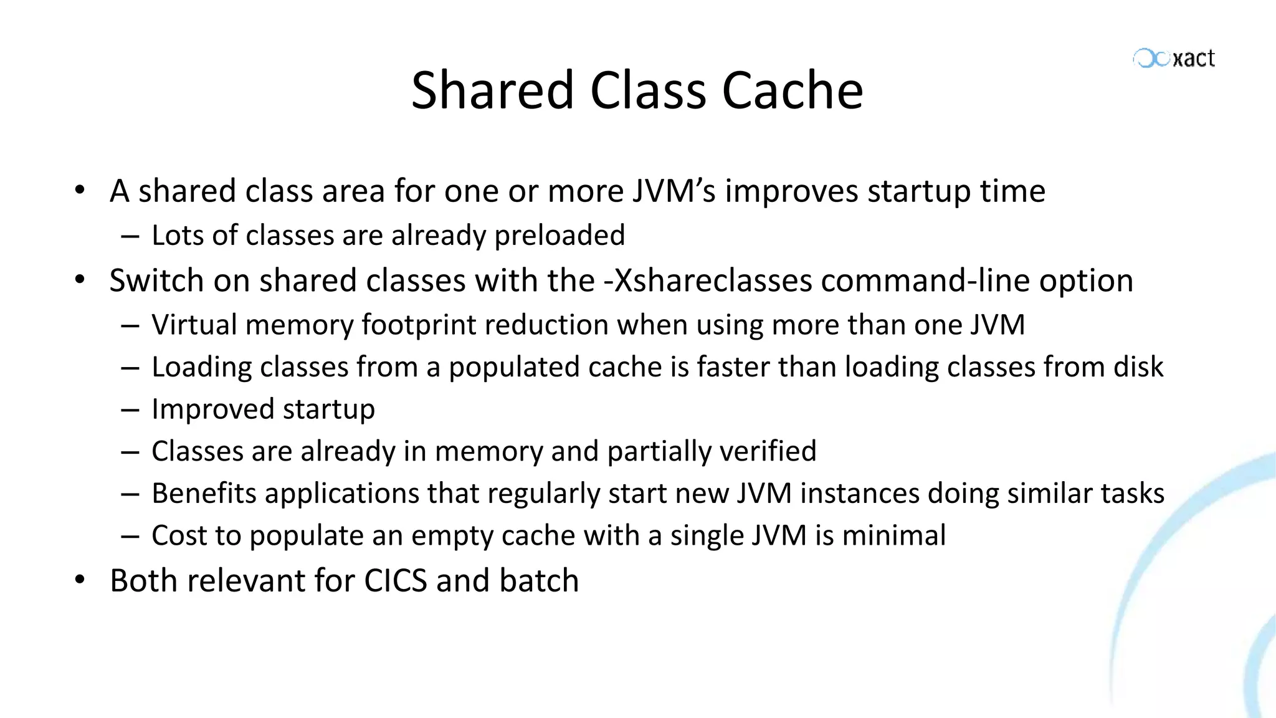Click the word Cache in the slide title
point(793,90)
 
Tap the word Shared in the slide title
point(492,90)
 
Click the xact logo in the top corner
point(1174,58)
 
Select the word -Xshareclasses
point(708,280)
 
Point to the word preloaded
point(559,236)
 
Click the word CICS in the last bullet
point(396,580)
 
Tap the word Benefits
point(204,493)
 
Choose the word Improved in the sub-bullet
point(212,409)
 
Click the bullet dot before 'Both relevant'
point(79,580)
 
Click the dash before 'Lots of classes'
point(130,236)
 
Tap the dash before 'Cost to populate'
point(130,536)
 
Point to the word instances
point(860,493)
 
